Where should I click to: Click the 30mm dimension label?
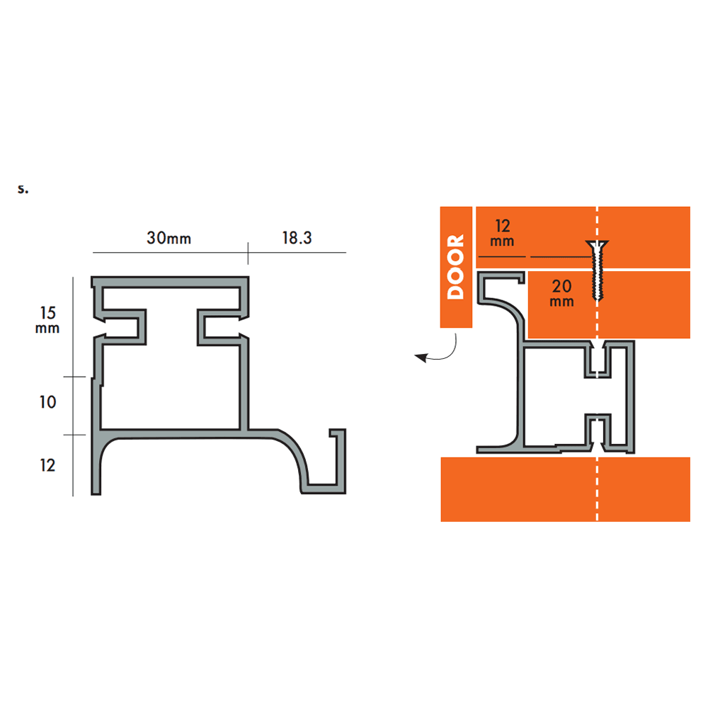169,238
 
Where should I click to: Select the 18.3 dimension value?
297,238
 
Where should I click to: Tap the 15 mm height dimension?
47,319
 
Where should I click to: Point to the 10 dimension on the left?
47,402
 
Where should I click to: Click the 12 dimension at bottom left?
47,465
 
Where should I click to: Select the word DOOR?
456,267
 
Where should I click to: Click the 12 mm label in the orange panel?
503,233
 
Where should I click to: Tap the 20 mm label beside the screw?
561,293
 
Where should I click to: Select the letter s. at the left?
23,190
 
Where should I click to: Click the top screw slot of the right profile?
598,361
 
